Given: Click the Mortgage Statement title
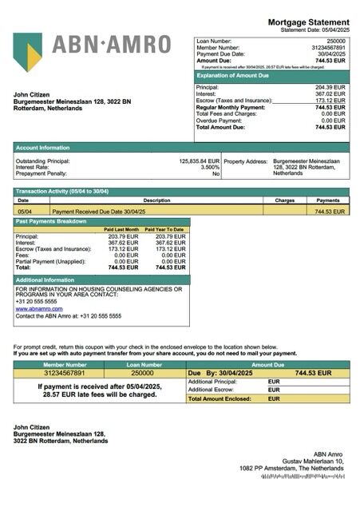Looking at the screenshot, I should [x=308, y=22].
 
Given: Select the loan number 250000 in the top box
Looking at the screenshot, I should [x=336, y=40].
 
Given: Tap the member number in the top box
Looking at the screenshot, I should [x=329, y=47].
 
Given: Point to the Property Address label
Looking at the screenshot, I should [x=245, y=160].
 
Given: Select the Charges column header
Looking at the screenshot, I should [x=284, y=200].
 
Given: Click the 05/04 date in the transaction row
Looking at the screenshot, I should [x=25, y=212].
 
